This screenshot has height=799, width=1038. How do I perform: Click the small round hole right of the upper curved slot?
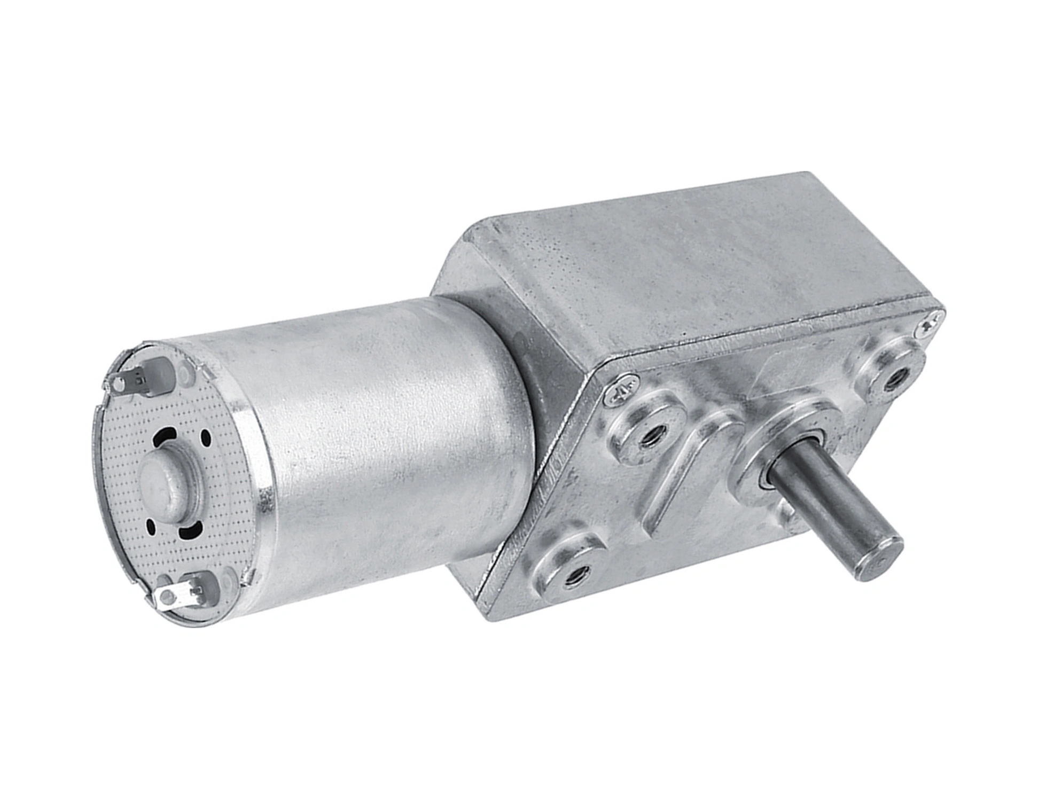[x=205, y=438]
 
